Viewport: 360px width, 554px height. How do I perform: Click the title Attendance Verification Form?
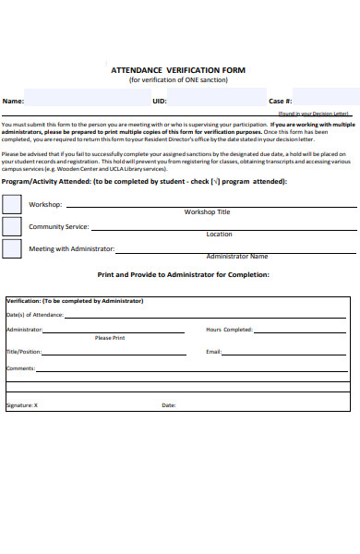coord(178,70)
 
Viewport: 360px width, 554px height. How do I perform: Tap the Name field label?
coord(13,101)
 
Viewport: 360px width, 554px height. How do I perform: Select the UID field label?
coord(160,101)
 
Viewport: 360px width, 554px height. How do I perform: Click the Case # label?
coord(281,101)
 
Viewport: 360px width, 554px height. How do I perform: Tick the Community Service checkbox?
coord(12,226)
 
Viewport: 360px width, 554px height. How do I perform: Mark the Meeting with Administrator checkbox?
coord(12,248)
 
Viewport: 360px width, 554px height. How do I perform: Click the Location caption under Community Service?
coord(219,234)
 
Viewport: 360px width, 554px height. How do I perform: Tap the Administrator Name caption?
coord(236,256)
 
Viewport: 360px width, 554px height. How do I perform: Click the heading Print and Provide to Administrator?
coord(183,274)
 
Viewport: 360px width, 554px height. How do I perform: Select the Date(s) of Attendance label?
coord(35,315)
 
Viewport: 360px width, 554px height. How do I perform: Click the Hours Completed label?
coord(229,329)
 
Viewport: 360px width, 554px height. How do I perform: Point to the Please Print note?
coord(110,338)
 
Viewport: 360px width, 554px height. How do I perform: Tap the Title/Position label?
coord(24,352)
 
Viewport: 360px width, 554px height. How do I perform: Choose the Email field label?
coord(213,352)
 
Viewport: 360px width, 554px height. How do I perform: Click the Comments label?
coord(20,367)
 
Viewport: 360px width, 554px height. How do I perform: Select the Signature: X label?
coord(22,405)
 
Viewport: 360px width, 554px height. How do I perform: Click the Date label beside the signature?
coord(169,405)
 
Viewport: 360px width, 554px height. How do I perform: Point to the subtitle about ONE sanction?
coord(178,80)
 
